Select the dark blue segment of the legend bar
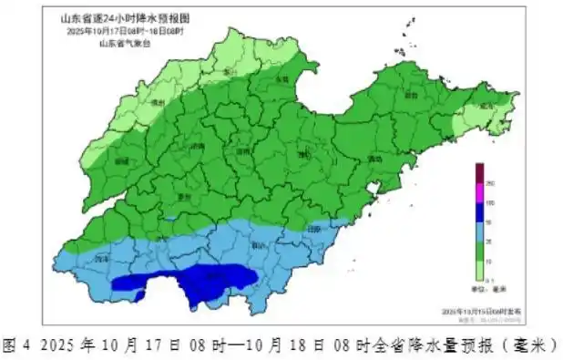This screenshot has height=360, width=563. (x=478, y=211)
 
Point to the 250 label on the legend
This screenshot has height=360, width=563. (x=491, y=183)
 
